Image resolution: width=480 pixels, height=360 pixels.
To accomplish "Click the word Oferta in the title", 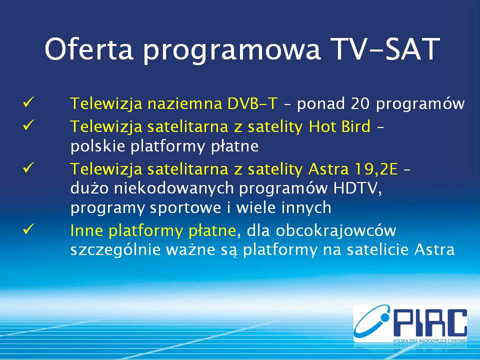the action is coord(89,48).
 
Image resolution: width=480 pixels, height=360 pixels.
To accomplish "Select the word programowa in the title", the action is coord(231,51).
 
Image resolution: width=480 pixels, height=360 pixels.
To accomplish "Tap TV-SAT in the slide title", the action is coord(387,49).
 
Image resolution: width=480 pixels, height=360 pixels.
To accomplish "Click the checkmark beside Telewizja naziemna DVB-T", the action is coord(28,102).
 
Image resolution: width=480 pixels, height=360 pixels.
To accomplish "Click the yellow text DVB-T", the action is coord(252,103).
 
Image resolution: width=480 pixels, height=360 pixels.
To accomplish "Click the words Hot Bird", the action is coord(339,126).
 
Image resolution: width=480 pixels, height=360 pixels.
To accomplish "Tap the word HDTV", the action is coord(356,188).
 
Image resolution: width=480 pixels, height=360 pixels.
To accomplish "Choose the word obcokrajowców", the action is coord(336,230).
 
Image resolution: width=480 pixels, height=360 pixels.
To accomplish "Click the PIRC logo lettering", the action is coord(430,323).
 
